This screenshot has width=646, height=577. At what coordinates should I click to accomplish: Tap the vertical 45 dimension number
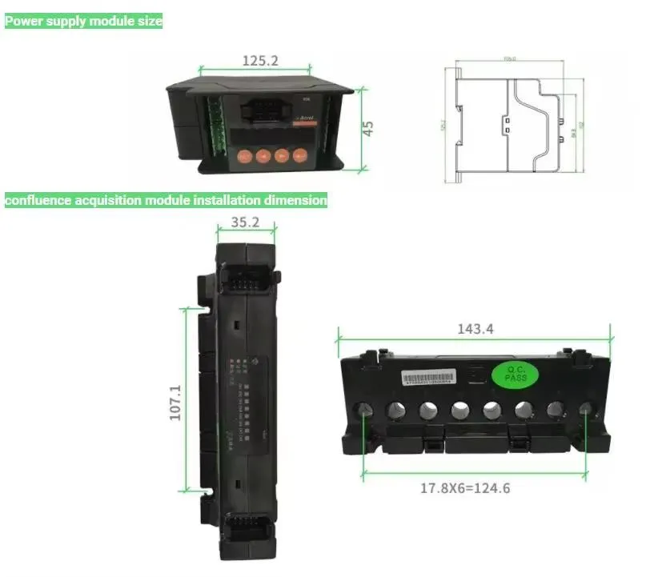click(369, 128)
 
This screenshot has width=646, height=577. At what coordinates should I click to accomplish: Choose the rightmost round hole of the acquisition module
click(585, 411)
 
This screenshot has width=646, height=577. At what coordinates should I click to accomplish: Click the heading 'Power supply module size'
click(84, 22)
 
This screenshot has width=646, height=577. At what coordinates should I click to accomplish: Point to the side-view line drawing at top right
click(512, 120)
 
